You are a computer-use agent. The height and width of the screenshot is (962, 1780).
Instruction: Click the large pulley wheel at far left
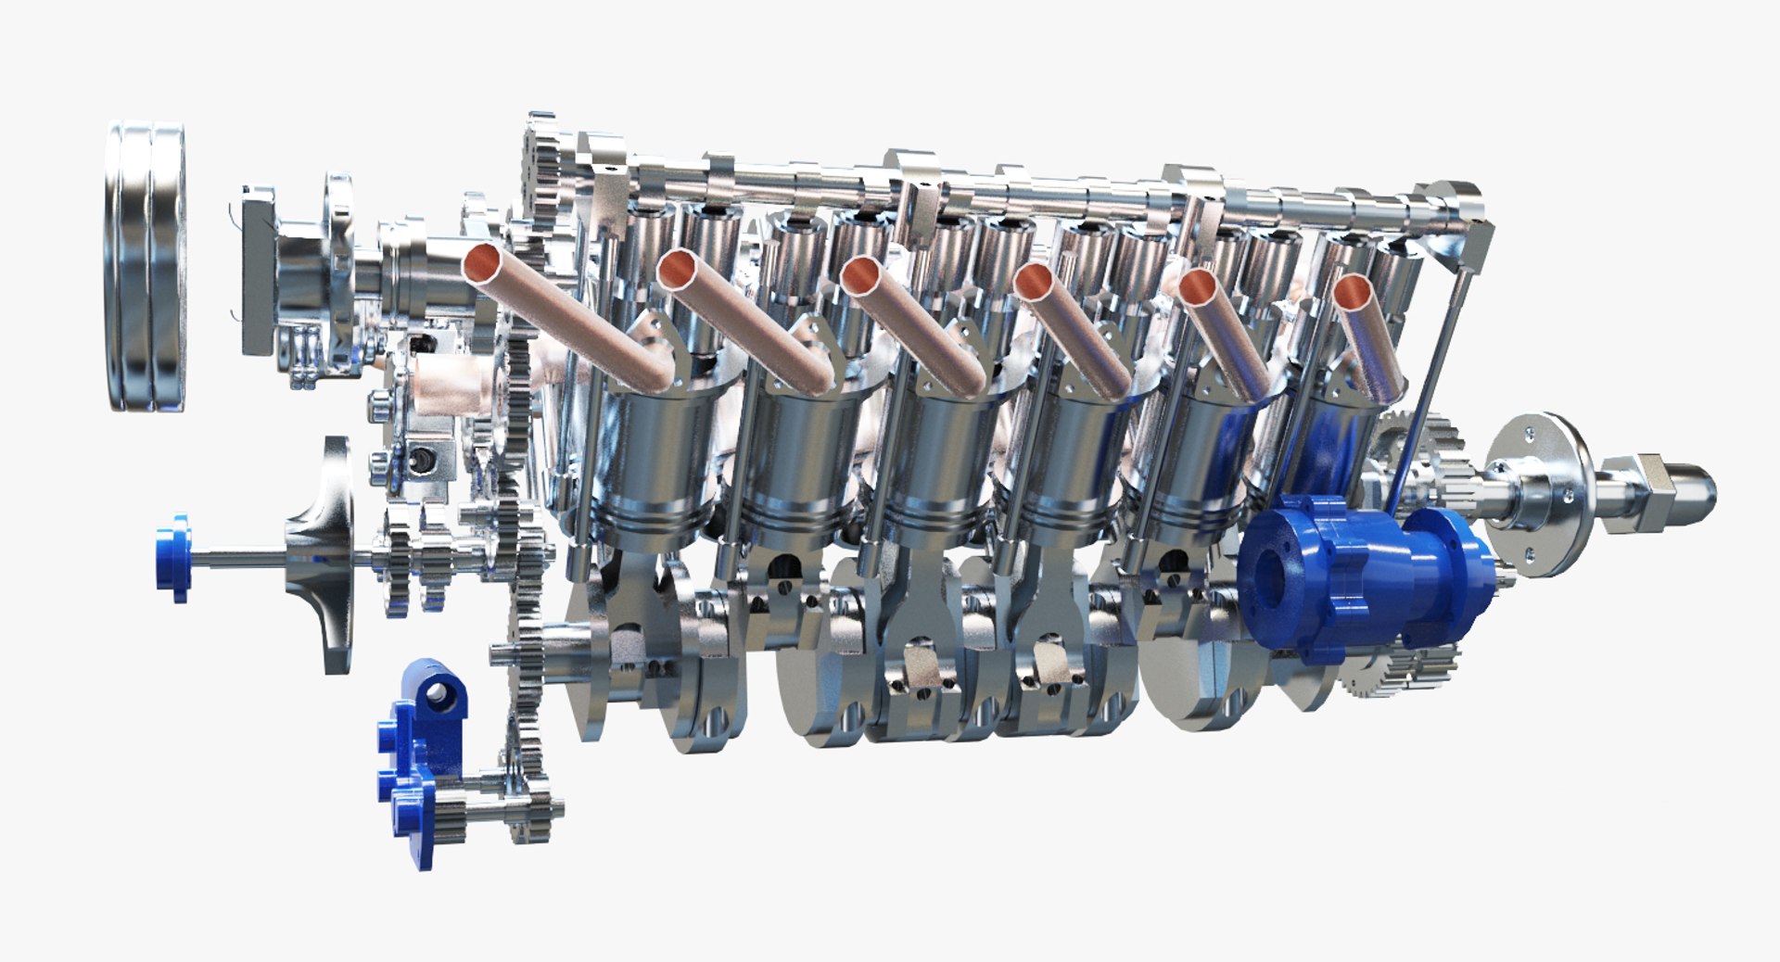146,267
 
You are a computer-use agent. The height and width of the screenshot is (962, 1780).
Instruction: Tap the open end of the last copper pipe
1352,293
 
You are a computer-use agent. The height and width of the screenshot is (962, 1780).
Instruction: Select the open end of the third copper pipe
862,275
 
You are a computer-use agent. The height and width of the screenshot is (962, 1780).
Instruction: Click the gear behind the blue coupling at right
1409,445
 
